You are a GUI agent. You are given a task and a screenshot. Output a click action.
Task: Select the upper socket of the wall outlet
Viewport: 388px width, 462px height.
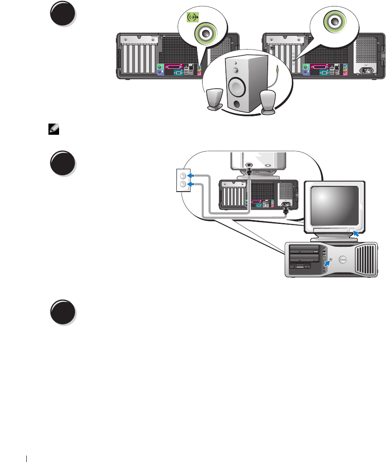183,176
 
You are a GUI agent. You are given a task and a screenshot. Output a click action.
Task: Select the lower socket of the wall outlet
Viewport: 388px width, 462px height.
183,184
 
